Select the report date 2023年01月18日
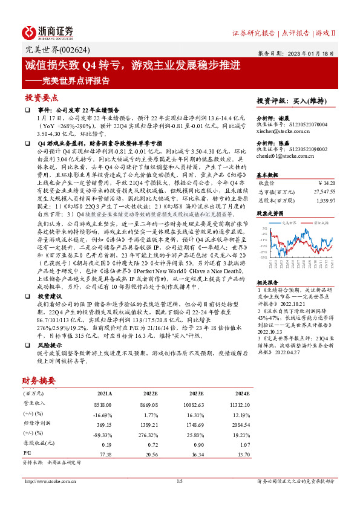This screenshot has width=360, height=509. point(316,53)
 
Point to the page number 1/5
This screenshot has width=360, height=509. point(179,481)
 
